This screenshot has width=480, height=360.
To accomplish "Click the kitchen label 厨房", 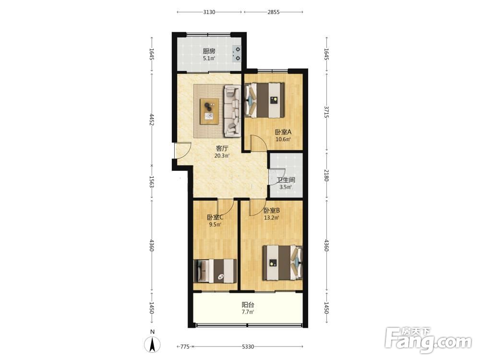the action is coord(209,51).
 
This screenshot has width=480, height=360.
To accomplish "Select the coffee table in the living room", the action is coord(209,111).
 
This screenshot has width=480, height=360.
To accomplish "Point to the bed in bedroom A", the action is coord(265,100).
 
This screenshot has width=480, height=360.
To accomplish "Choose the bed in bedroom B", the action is coord(283,263).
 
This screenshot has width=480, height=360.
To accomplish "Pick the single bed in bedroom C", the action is coord(215,271).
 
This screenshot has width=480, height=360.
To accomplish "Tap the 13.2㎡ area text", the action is coord(272,218).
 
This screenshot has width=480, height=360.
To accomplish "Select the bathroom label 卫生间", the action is coord(286,180).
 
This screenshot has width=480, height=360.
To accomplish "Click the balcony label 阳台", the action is coord(248,305).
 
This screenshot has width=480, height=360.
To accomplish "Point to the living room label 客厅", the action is coord(222,148).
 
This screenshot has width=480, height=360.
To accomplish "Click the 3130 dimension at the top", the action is coord(209,12).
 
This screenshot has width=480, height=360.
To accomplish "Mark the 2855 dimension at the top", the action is coord(274,12).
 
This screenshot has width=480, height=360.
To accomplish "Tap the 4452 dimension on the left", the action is coord(152,120).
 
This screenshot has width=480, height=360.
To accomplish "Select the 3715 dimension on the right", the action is coord(326,112).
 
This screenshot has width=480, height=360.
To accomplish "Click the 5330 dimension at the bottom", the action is coord(248,347).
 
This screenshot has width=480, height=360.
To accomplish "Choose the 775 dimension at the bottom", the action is coord(185,347).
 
